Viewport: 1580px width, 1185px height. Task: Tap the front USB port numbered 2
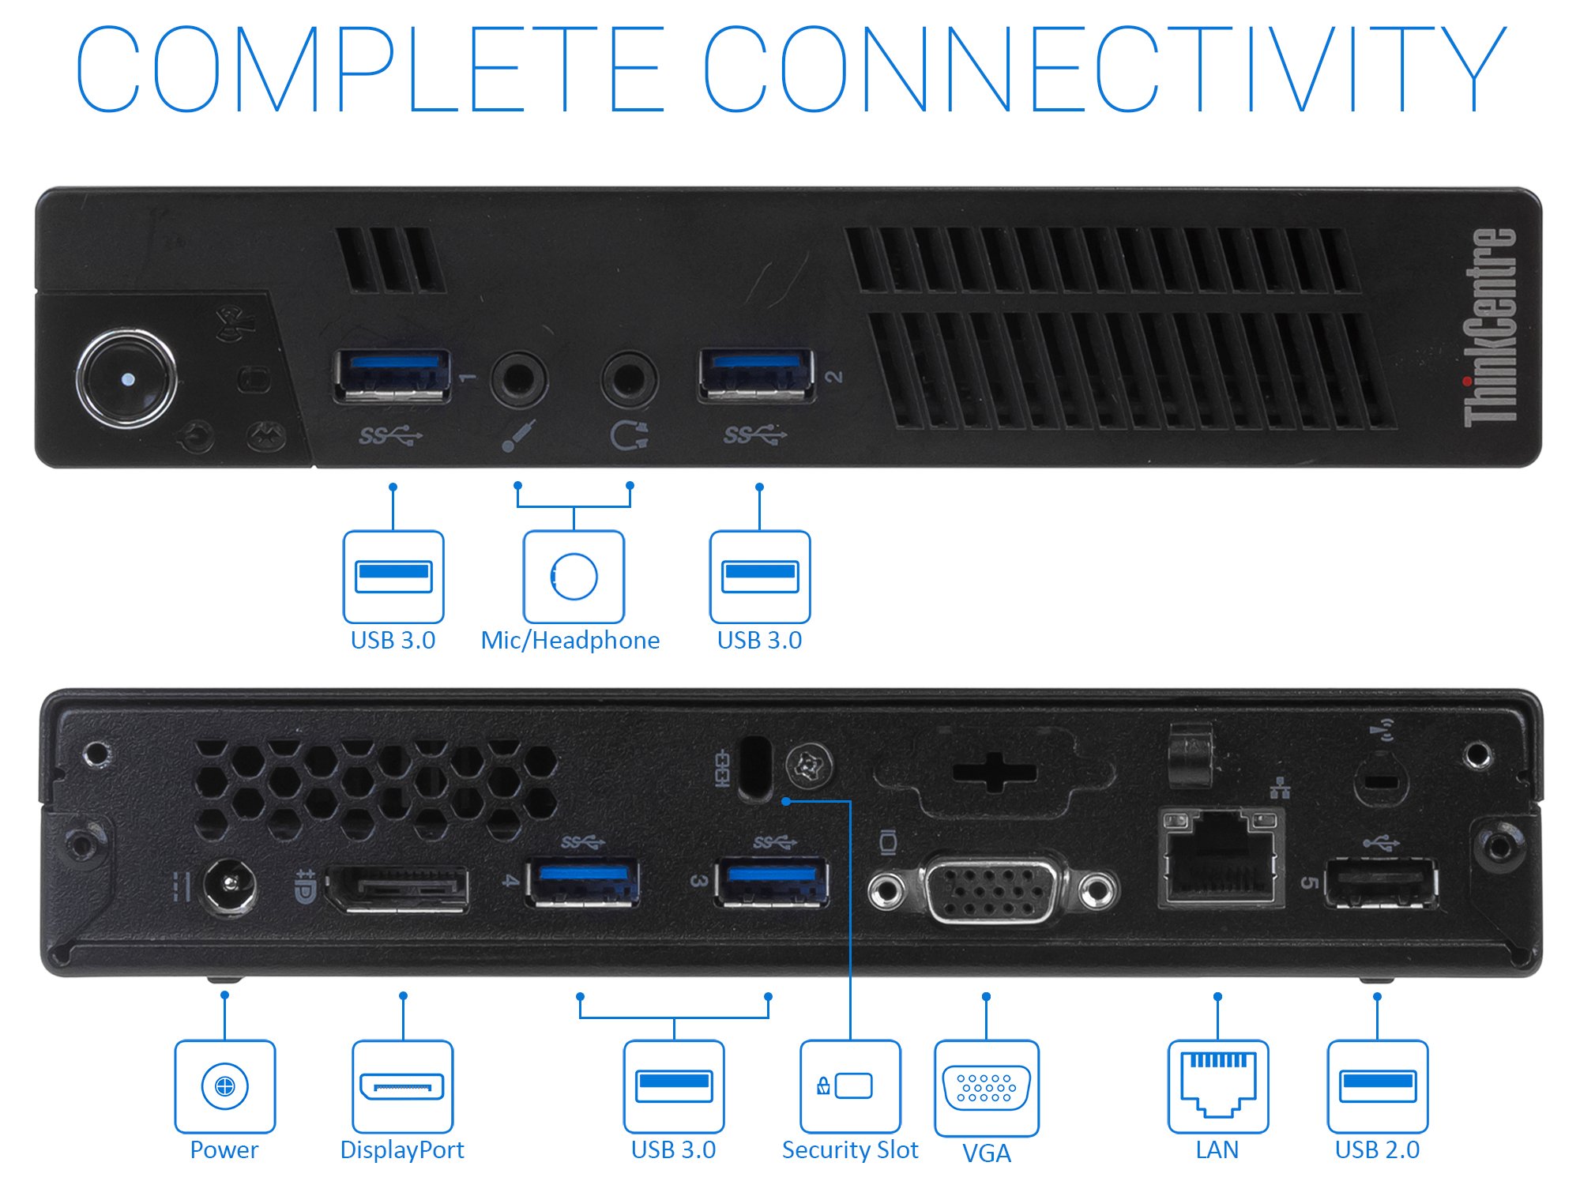(756, 376)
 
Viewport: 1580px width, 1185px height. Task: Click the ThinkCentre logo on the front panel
(1490, 328)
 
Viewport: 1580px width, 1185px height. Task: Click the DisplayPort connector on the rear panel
(399, 888)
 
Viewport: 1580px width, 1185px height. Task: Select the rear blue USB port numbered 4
(583, 881)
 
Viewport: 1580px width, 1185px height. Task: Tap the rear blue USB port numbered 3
(772, 881)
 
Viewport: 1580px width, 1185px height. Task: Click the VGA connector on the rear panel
(992, 890)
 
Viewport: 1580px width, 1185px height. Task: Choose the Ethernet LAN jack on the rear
(1219, 857)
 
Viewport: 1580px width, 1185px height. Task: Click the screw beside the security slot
(809, 766)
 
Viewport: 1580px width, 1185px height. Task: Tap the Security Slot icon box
(850, 1086)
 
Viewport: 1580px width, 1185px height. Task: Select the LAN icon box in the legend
(1218, 1086)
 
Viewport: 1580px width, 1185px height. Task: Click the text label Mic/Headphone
(570, 640)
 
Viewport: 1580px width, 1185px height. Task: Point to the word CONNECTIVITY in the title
(1104, 70)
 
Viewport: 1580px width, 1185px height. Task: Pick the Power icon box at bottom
(225, 1086)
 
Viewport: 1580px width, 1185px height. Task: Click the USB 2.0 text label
(1377, 1150)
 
